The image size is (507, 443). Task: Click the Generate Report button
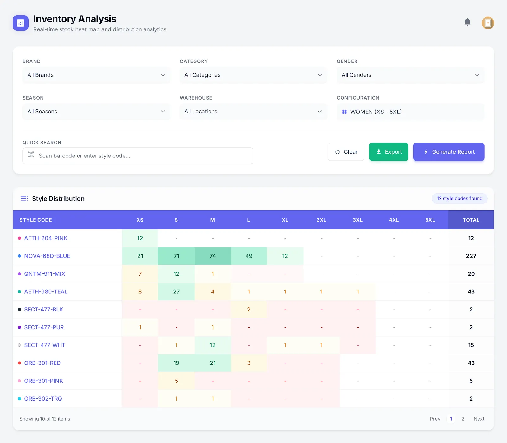(x=448, y=152)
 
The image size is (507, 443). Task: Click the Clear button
(x=346, y=152)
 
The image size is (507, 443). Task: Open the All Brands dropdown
(x=96, y=75)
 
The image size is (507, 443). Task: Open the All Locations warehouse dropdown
(x=253, y=112)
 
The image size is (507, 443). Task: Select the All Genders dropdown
(x=410, y=75)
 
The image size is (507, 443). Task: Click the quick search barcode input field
(x=138, y=156)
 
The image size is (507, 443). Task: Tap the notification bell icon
(x=467, y=22)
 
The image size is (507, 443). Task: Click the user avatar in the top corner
(x=488, y=23)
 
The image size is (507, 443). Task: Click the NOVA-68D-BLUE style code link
(x=47, y=256)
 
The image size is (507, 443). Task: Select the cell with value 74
(x=212, y=256)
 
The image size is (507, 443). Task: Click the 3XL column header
(x=357, y=220)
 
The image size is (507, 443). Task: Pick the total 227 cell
(x=471, y=256)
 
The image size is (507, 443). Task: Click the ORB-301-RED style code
(x=42, y=363)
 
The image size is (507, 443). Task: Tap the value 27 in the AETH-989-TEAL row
(x=176, y=292)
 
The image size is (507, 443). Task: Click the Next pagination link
(x=478, y=419)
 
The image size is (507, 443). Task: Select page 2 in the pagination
(x=463, y=419)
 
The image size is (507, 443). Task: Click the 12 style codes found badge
(x=459, y=199)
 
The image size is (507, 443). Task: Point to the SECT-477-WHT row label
(x=45, y=345)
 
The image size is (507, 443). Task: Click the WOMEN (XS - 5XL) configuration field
(x=410, y=112)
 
